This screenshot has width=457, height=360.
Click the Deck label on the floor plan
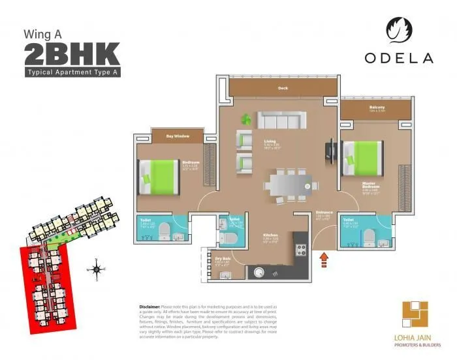282,88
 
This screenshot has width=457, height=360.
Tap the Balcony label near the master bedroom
377,108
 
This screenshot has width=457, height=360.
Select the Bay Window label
178,136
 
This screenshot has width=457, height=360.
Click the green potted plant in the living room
247,119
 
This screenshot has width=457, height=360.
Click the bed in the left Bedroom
159,176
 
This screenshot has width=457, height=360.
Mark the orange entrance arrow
323,260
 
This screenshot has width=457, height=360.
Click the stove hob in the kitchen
302,248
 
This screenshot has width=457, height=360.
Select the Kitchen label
271,235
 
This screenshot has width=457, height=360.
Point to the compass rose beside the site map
96,269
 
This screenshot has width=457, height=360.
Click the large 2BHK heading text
72,53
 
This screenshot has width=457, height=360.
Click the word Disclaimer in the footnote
150,306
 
